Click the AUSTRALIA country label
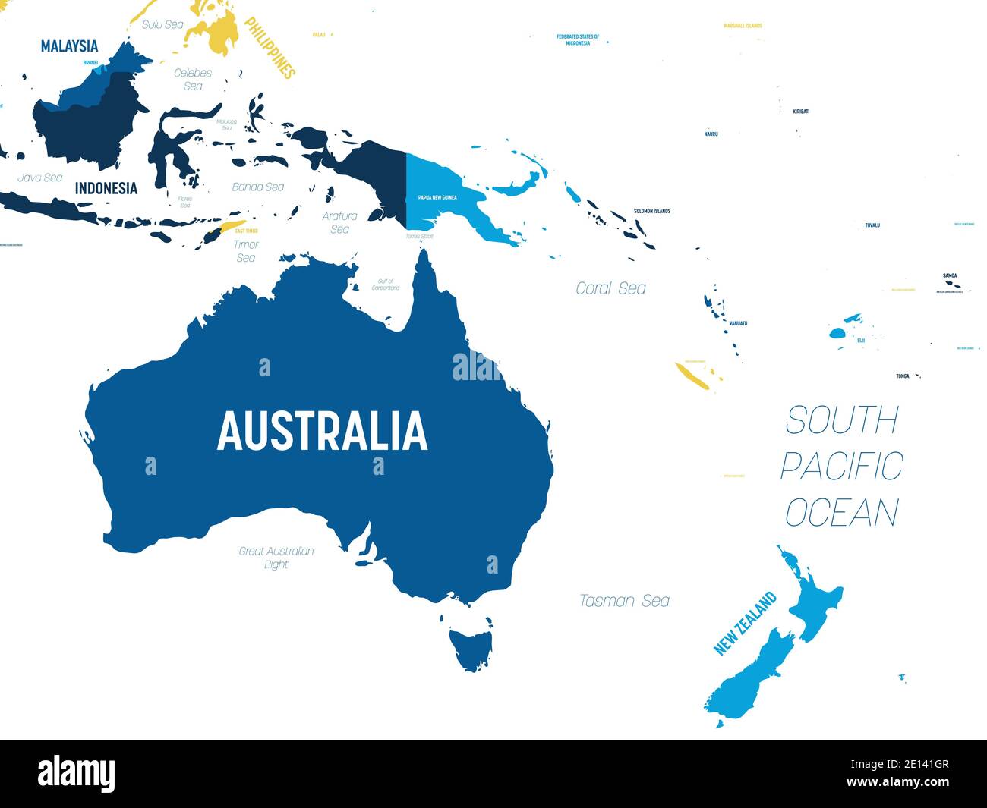(322, 431)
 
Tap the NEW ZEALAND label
(746, 624)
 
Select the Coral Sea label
(610, 288)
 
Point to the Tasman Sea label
(624, 601)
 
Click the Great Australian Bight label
(276, 558)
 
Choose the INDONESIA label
(106, 188)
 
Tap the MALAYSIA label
(69, 46)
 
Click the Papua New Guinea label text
(437, 197)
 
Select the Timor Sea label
(246, 251)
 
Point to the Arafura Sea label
(339, 222)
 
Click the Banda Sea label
(258, 187)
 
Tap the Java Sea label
(40, 178)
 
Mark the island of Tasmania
(469, 649)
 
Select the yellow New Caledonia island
(692, 376)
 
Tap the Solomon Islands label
(652, 211)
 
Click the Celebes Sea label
(193, 80)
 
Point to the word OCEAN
(841, 513)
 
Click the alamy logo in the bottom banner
(76, 773)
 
